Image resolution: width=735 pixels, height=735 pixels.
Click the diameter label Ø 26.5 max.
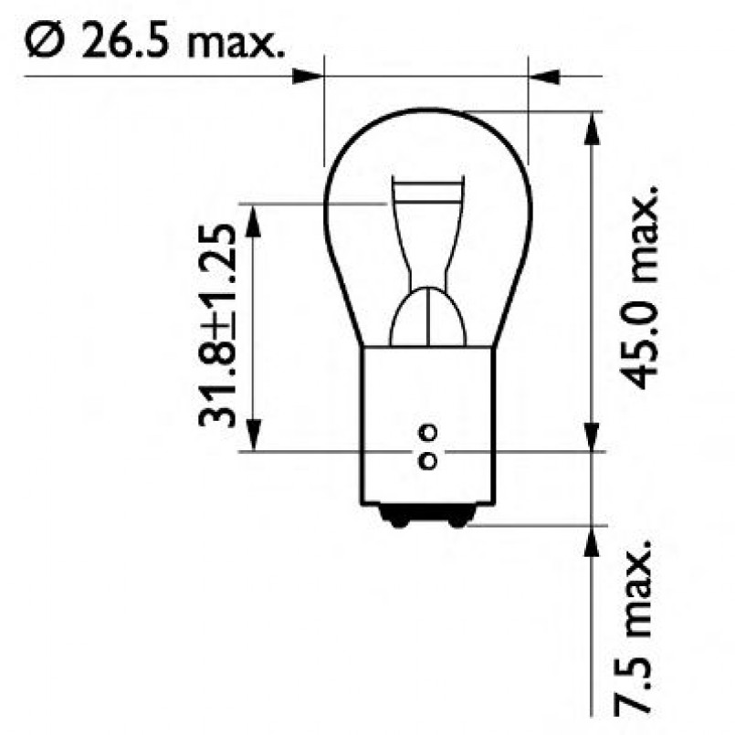151,41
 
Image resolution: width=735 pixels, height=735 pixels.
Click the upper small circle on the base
427,431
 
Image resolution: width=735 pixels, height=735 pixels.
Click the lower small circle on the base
427,461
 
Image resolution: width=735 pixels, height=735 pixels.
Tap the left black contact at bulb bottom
397,520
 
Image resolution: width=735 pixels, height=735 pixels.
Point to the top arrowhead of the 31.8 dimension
254,216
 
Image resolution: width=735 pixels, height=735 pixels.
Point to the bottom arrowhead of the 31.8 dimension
254,436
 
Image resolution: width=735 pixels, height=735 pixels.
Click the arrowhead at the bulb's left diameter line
310,75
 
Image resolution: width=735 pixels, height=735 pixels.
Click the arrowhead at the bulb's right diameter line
543,75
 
